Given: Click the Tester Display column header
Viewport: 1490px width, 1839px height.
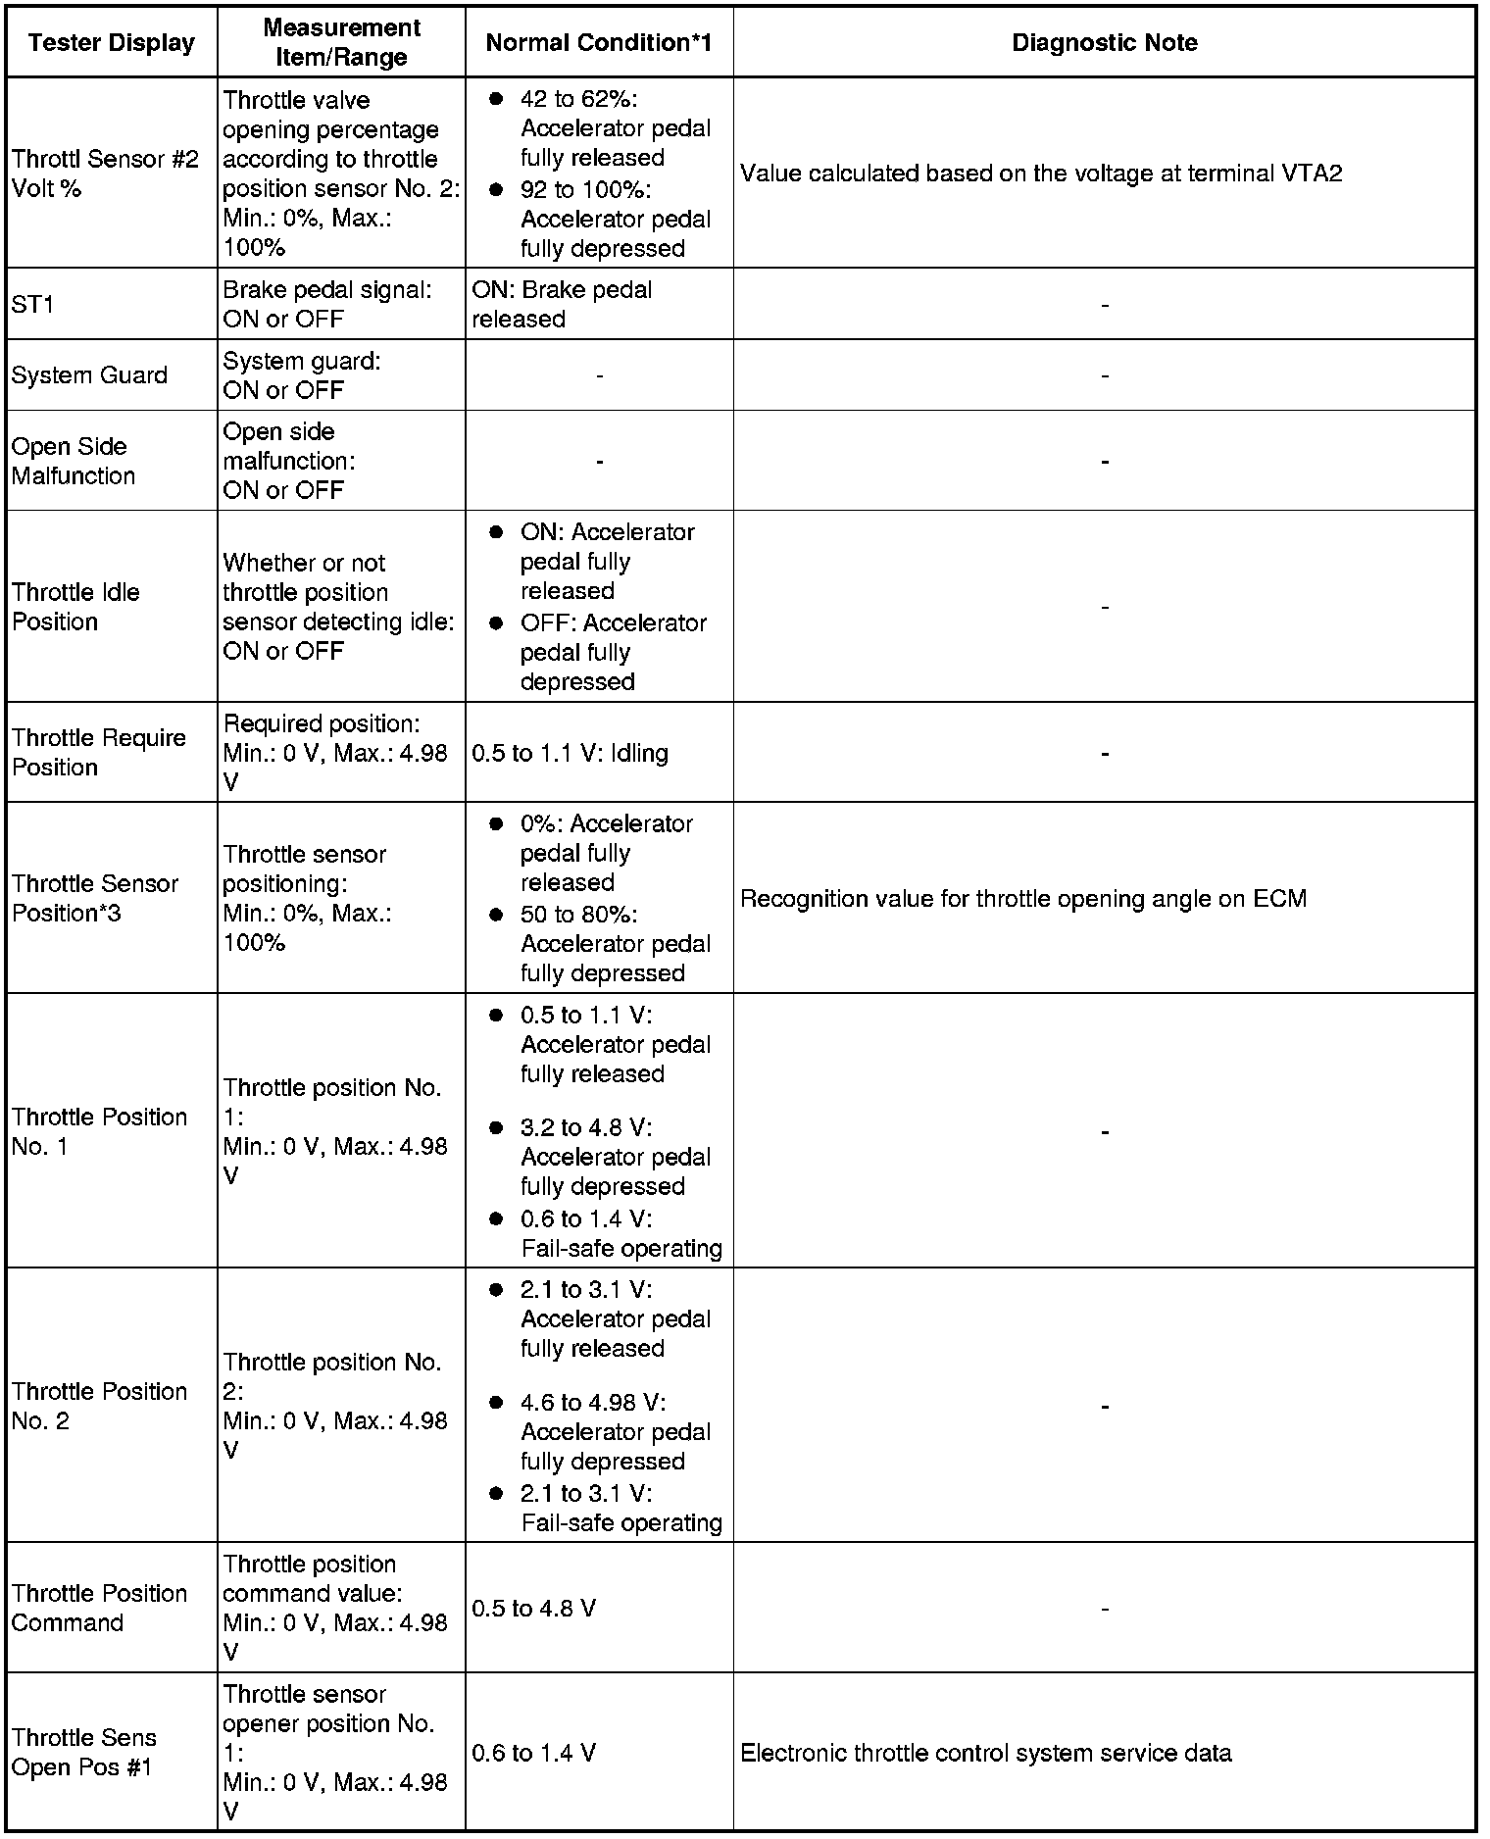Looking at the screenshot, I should pos(112,43).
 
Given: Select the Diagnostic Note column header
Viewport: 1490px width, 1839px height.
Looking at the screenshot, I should pos(1104,43).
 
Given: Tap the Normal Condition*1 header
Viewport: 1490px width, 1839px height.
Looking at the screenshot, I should pos(598,43).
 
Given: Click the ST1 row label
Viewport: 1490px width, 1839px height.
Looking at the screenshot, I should pos(33,305).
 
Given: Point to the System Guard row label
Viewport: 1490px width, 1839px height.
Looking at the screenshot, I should pos(89,375).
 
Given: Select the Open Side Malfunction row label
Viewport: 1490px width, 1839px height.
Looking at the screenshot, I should pos(74,461).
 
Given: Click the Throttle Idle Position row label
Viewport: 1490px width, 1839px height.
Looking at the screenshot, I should pos(75,607).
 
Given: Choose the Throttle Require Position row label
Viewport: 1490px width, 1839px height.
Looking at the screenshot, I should pos(99,752).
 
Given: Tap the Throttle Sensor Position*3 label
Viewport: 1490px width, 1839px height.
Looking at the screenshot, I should pos(95,898).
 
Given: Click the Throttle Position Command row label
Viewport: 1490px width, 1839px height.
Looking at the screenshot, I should pos(99,1608).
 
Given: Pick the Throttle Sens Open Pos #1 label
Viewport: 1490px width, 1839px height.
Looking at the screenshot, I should pos(84,1752).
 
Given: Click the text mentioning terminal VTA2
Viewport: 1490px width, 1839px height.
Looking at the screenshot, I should pos(1041,174).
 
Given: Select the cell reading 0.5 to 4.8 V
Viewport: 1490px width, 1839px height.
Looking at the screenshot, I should pos(533,1609).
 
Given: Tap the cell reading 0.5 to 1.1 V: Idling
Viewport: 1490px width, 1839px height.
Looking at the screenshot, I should pos(570,753).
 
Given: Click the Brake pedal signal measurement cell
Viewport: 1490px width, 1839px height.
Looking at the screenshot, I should pos(326,305).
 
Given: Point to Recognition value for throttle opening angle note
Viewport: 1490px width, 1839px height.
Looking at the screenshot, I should pos(1022,899).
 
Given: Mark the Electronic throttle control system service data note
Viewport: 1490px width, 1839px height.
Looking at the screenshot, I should pos(985,1753).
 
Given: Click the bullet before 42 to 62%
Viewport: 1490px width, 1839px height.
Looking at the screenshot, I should pos(497,99).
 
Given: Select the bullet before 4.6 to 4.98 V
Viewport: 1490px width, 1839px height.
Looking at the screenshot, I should pos(497,1403).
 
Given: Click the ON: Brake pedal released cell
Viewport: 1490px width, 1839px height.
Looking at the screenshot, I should pos(561,305).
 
